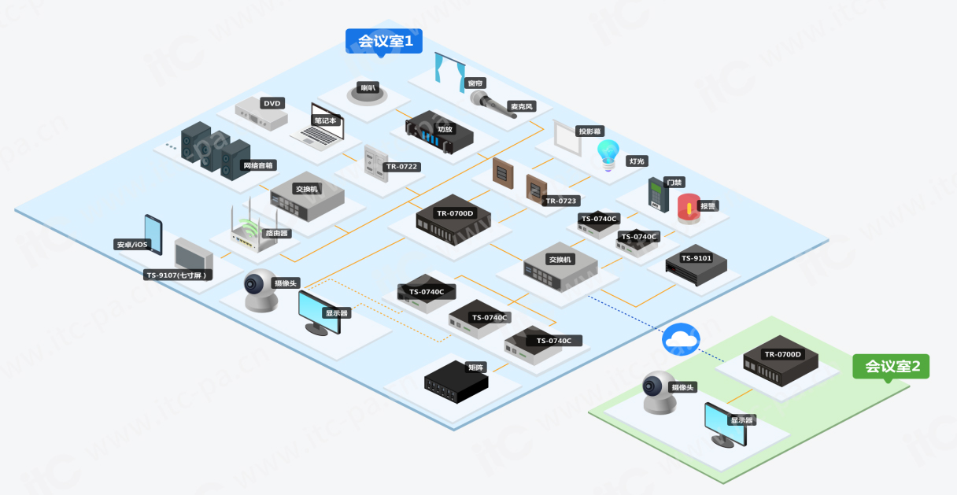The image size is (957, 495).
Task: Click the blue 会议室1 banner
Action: pos(385,41)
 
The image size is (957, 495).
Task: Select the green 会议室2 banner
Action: pos(891,366)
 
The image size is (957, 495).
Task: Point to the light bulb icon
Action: pos(608,153)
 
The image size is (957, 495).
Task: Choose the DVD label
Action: pos(272,103)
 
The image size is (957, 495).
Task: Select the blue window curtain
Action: pos(451,68)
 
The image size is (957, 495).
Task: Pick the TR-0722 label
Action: pos(401,167)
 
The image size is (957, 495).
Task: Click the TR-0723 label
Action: pos(561,201)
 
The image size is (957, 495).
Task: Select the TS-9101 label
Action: pos(696,258)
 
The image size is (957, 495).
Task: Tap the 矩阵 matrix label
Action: pos(476,367)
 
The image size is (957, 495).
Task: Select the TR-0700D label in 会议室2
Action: pos(782,354)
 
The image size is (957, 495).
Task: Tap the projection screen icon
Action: pos(566,135)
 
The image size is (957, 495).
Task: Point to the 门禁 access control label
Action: pos(674,182)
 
